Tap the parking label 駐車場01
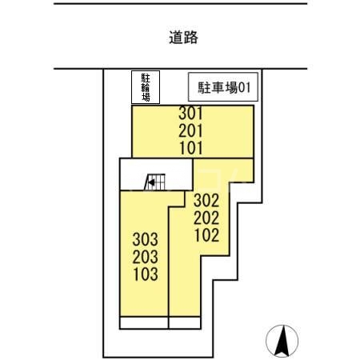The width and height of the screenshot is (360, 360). pyautogui.click(x=220, y=86)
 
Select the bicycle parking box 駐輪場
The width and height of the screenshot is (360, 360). pyautogui.click(x=146, y=87)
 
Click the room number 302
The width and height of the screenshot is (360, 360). pyautogui.click(x=206, y=201)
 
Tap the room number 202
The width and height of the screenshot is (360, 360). pyautogui.click(x=206, y=218)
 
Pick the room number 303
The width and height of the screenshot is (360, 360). pyautogui.click(x=146, y=239)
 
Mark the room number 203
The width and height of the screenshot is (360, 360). pyautogui.click(x=146, y=256)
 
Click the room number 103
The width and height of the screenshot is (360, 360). pyautogui.click(x=146, y=274)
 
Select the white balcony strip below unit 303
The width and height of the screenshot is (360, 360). pyautogui.click(x=144, y=323)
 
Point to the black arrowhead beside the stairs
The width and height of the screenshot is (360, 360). pyautogui.click(x=149, y=184)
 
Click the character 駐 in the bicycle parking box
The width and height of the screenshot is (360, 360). pyautogui.click(x=146, y=78)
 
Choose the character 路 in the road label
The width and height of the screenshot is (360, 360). pyautogui.click(x=190, y=37)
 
